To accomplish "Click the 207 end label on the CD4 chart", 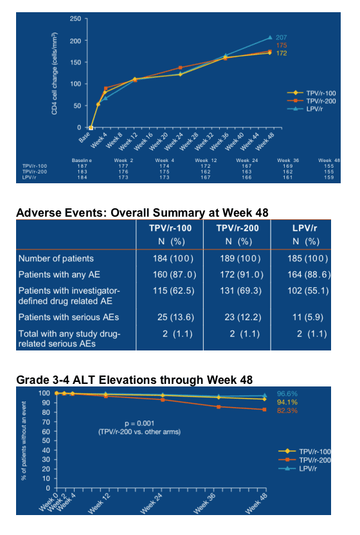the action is (x=281, y=37).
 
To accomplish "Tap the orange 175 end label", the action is (x=281, y=46).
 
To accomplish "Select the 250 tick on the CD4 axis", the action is (x=75, y=19).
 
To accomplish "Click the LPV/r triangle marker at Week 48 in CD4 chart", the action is (x=270, y=37).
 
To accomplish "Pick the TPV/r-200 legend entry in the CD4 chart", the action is (x=311, y=101).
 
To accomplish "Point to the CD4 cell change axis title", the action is (x=54, y=74).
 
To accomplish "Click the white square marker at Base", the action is (x=91, y=128).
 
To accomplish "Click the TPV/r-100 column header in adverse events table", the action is (x=170, y=228).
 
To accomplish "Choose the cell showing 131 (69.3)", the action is (x=240, y=291).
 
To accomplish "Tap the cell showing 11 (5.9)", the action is (x=307, y=317).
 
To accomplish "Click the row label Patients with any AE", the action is (x=59, y=275).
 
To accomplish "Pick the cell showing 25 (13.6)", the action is (x=175, y=317).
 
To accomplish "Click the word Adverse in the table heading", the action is (x=40, y=213).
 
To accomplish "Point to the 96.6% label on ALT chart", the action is (x=287, y=394).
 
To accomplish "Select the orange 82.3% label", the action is (x=287, y=410).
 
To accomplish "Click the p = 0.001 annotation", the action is (x=139, y=423).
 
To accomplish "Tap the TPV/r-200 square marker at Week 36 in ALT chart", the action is (x=219, y=406).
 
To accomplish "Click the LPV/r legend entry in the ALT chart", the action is (x=298, y=469).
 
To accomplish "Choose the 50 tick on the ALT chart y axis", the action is (x=46, y=440).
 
